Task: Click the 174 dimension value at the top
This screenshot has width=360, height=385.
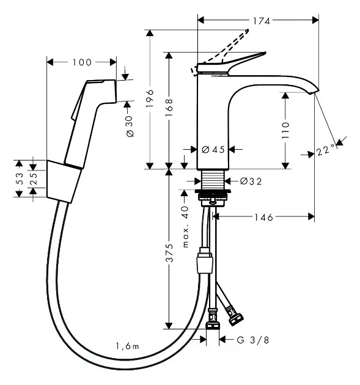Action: [262, 21]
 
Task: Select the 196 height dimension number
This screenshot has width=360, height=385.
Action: [150, 98]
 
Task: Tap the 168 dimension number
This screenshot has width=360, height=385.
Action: [169, 108]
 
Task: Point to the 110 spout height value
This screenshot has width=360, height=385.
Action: [285, 130]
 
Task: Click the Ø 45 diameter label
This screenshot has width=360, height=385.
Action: [213, 149]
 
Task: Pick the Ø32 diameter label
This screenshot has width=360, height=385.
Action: [251, 182]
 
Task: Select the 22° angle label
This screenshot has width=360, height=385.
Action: [325, 150]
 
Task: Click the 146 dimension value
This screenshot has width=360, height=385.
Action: [263, 218]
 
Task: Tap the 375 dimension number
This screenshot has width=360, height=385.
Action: [169, 252]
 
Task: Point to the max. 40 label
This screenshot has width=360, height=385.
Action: [185, 227]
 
